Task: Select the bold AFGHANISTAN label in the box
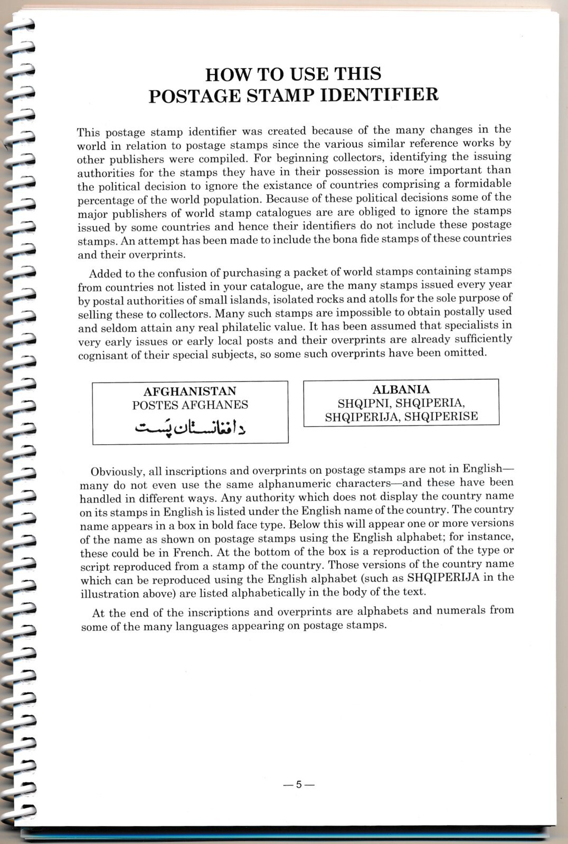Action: click(x=190, y=391)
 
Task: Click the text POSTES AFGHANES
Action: click(x=190, y=405)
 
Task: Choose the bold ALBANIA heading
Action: click(x=401, y=390)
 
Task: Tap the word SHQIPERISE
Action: click(x=444, y=417)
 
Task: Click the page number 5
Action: click(x=298, y=784)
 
